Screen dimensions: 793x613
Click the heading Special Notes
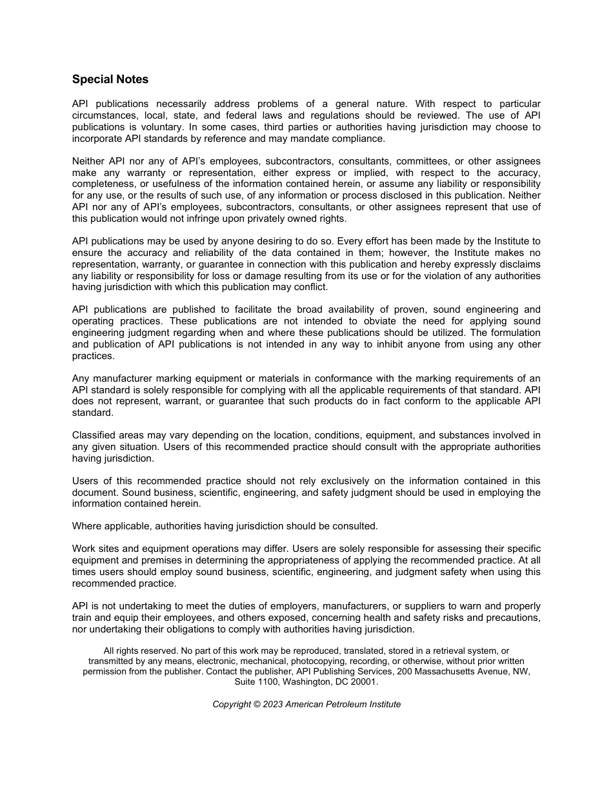pyautogui.click(x=110, y=79)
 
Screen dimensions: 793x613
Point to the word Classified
pyautogui.click(x=94, y=435)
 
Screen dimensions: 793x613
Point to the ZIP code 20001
pyautogui.click(x=365, y=681)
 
